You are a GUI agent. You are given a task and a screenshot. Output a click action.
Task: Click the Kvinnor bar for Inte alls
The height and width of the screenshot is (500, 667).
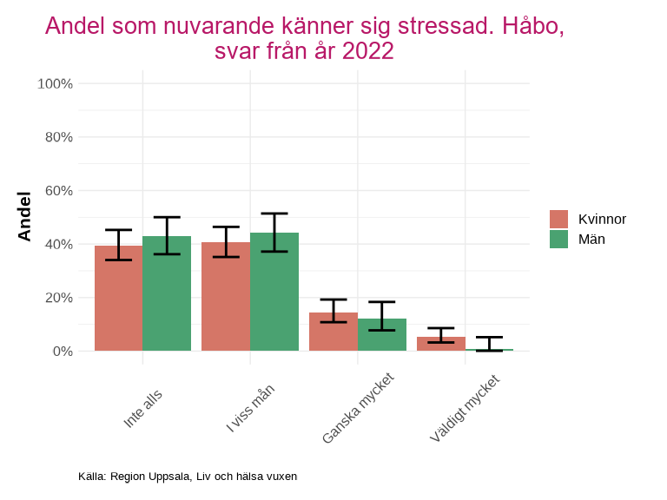click(x=118, y=299)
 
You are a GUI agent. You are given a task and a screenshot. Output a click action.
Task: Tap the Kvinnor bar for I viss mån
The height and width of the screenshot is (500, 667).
click(x=226, y=297)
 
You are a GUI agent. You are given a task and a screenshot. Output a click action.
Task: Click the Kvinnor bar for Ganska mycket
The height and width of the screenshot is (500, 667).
click(x=333, y=332)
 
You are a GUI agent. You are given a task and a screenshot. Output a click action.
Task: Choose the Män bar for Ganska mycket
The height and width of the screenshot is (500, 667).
click(x=382, y=335)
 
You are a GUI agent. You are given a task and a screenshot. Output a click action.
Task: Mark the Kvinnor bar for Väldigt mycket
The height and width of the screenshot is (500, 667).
click(x=441, y=344)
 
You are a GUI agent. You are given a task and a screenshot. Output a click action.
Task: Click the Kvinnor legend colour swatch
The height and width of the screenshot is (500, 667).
click(x=558, y=219)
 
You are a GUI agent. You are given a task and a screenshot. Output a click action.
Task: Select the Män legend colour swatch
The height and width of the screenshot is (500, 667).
click(x=558, y=240)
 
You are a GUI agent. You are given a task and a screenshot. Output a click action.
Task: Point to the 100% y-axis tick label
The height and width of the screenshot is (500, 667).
click(x=55, y=84)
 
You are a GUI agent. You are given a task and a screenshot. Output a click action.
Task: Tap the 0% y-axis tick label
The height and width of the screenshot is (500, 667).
click(x=62, y=352)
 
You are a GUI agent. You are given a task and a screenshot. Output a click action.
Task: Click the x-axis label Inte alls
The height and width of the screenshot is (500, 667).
click(x=143, y=407)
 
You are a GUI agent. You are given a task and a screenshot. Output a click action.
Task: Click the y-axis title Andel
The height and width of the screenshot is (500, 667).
click(x=24, y=217)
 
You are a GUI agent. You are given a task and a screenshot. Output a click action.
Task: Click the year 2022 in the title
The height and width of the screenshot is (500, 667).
click(x=368, y=51)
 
